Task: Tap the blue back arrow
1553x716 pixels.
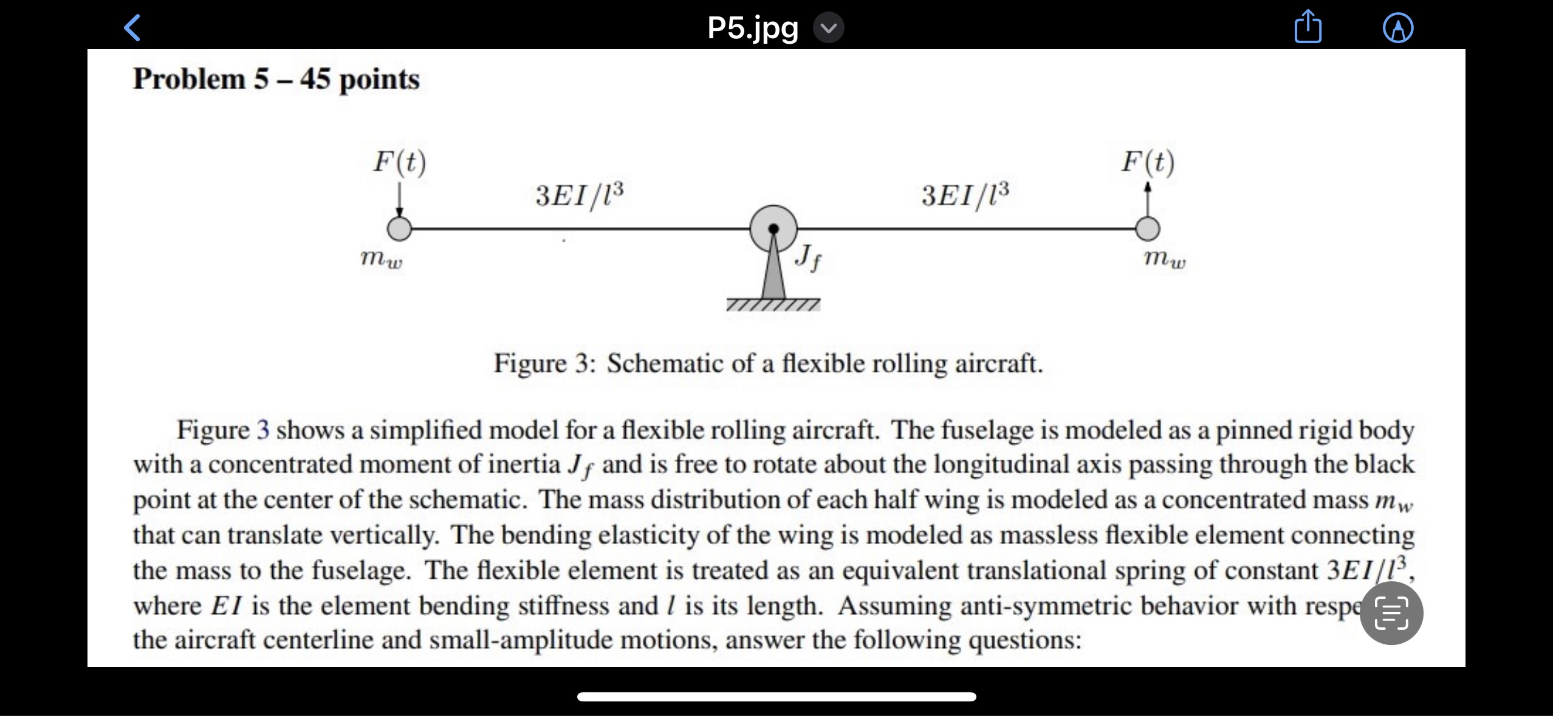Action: click(132, 28)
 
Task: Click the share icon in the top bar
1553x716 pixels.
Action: click(1308, 28)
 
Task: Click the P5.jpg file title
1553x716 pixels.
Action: click(753, 28)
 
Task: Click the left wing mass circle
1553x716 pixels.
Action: click(399, 229)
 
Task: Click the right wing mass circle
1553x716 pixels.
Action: click(1147, 229)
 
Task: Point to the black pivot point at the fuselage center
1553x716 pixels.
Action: click(773, 229)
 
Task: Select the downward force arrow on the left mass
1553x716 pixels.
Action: click(399, 200)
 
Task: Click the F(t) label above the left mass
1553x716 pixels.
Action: click(399, 162)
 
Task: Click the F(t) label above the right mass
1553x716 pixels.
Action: click(1147, 162)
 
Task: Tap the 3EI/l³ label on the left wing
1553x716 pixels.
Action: click(579, 194)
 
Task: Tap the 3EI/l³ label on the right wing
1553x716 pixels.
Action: click(965, 194)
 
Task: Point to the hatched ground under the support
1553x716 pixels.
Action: click(773, 304)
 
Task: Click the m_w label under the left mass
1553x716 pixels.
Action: click(381, 259)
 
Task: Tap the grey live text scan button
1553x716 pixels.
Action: click(1391, 613)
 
